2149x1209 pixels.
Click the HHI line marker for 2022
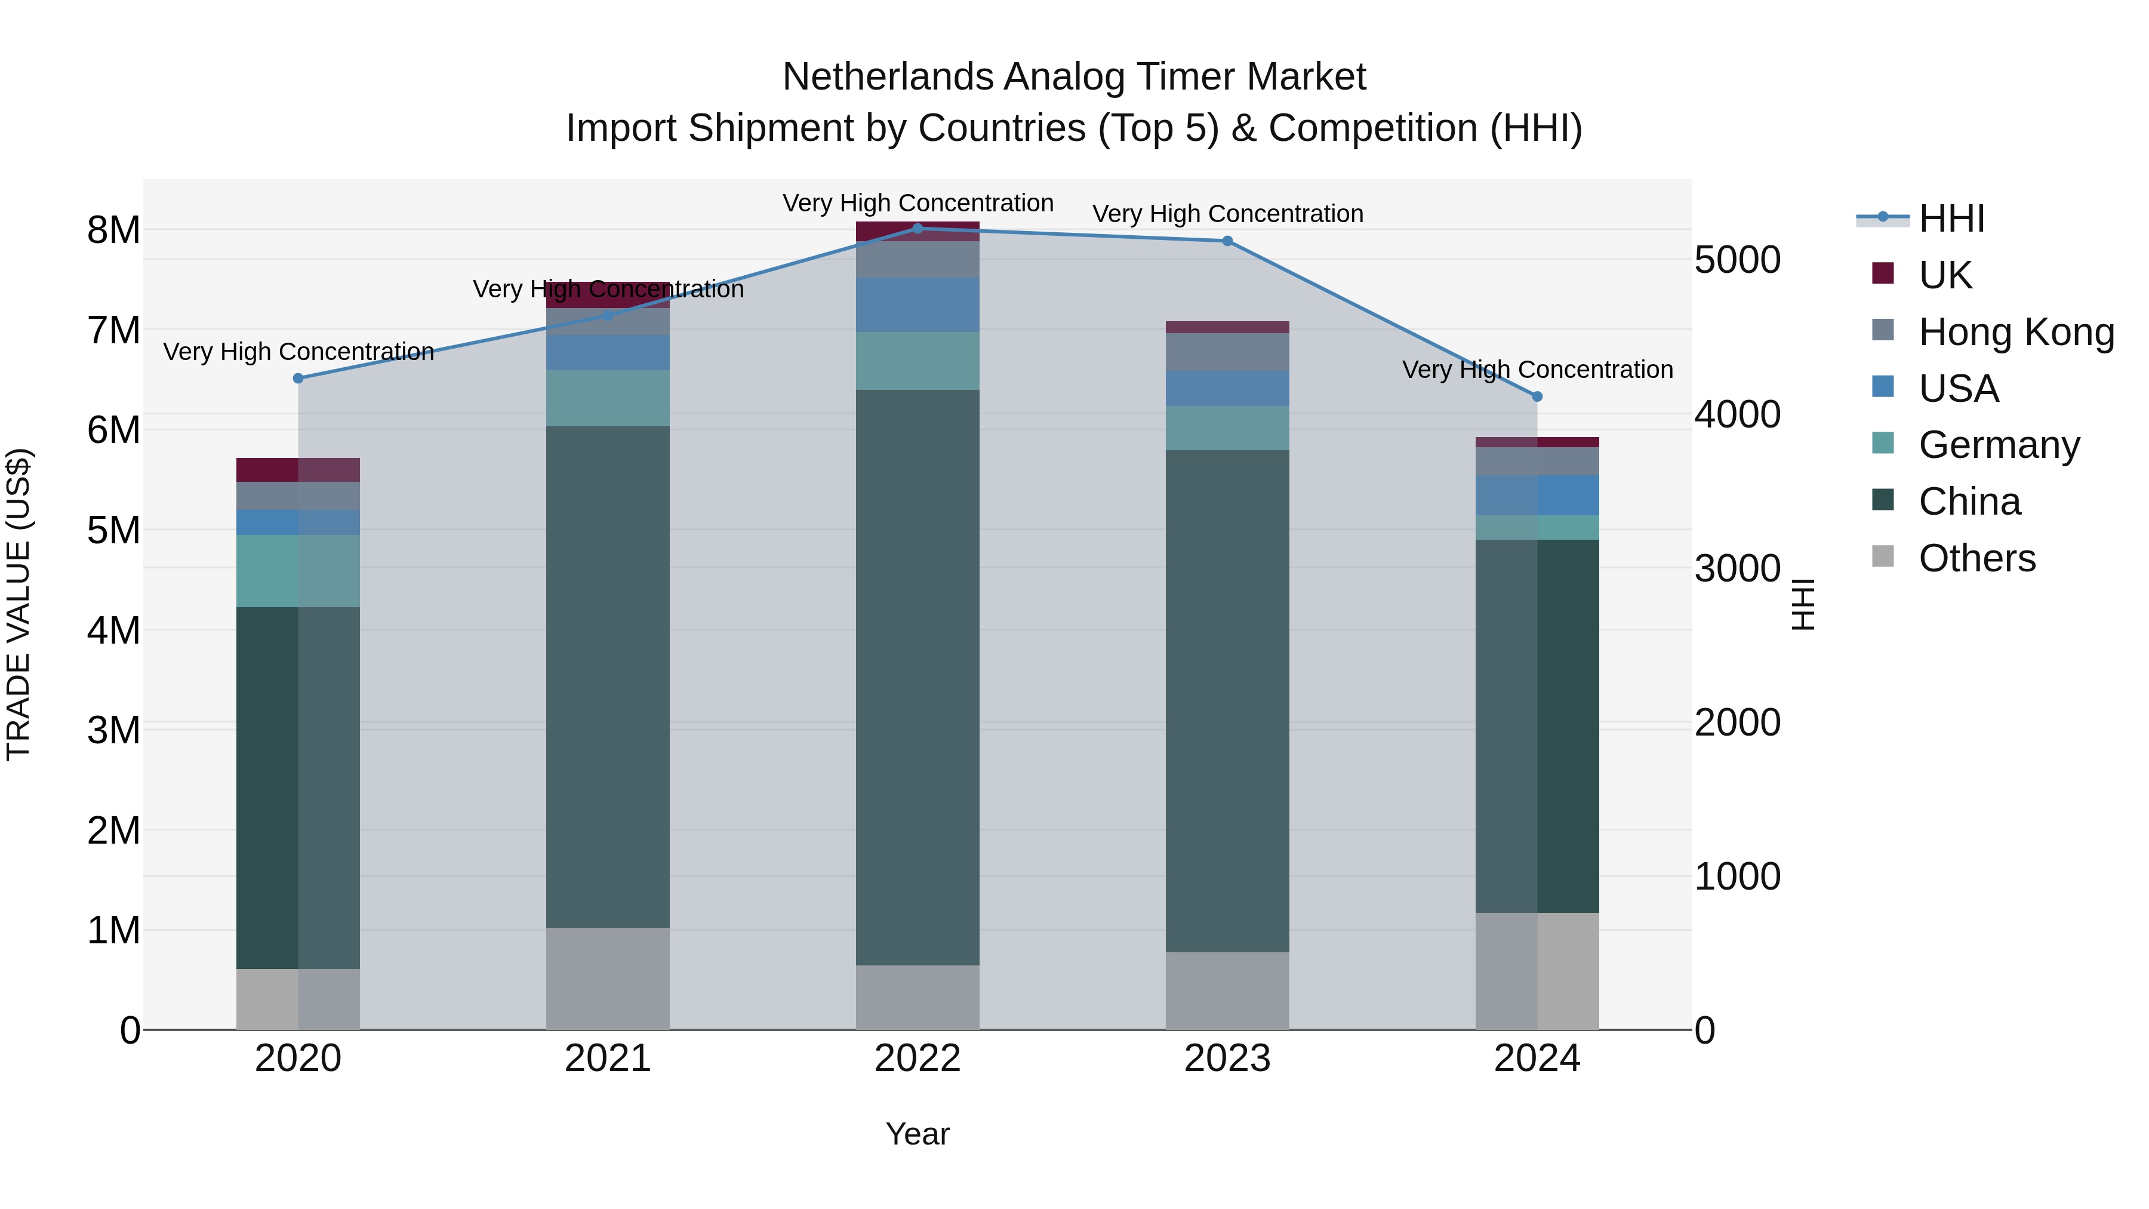coord(918,228)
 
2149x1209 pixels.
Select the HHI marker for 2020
coord(298,378)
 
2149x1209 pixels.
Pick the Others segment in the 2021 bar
coord(607,978)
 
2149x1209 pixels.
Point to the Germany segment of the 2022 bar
coord(918,361)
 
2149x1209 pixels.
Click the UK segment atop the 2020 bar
coord(298,470)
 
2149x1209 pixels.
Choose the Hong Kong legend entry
coord(2015,332)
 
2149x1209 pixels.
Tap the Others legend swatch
coord(1883,556)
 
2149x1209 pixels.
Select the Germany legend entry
coord(1999,445)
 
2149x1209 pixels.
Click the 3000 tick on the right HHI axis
coord(1737,568)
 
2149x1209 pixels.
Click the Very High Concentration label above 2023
coord(1227,214)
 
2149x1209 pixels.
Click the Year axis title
coord(917,1134)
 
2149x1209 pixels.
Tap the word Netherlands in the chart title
coord(888,77)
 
